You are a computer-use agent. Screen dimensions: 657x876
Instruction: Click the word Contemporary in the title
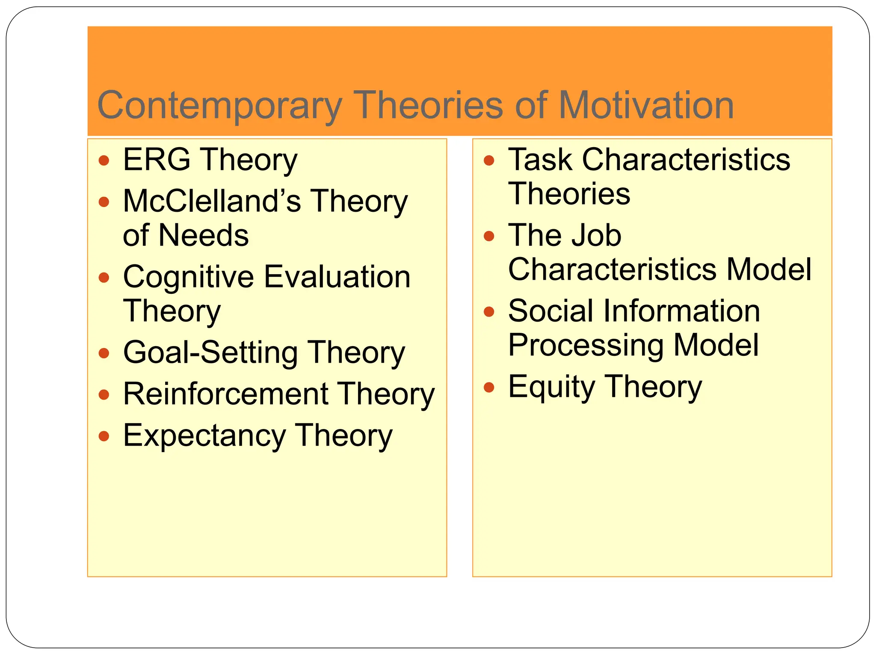point(220,106)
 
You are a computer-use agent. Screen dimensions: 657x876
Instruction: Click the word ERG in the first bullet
point(157,160)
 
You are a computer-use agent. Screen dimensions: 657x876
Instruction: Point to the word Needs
point(204,235)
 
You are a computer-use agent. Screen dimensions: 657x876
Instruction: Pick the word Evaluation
point(337,277)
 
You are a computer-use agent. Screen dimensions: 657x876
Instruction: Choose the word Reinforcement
point(226,394)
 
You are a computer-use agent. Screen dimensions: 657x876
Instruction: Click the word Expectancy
point(204,436)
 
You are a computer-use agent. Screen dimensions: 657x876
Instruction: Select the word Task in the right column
point(540,160)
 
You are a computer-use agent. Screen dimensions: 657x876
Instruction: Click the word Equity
point(552,387)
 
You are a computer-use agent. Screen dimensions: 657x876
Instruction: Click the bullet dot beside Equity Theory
point(489,388)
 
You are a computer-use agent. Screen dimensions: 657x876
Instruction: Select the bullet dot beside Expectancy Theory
point(104,436)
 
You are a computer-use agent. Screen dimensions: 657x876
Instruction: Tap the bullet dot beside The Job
point(489,236)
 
